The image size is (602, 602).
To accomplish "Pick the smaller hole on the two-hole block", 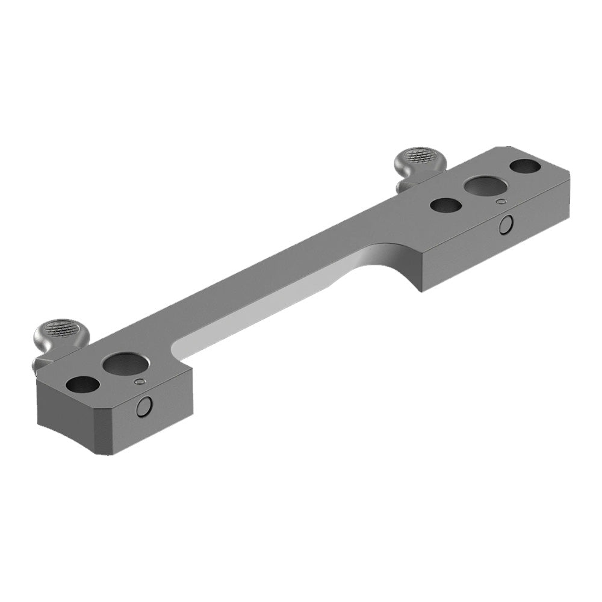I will point(83,383).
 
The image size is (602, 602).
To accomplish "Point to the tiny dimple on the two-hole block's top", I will point(140,381).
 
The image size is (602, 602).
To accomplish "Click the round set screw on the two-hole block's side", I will point(144,408).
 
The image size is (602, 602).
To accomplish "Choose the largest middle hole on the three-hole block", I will point(484,186).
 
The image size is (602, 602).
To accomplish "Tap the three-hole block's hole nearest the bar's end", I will point(526,165).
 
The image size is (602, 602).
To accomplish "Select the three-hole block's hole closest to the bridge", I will point(446,205).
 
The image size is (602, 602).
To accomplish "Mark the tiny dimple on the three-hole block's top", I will point(499,202).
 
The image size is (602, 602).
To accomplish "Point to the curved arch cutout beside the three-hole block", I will point(391,259).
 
